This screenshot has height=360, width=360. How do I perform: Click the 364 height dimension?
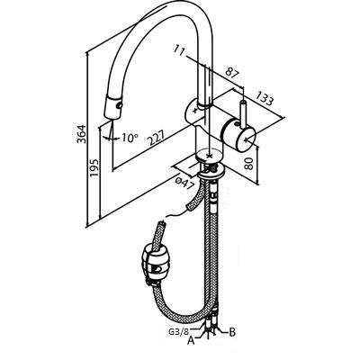(81, 133)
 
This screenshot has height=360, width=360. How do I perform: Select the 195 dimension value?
(94, 168)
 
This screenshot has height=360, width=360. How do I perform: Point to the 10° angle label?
(130, 138)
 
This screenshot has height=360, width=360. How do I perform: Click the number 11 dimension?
(180, 50)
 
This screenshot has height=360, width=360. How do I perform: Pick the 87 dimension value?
(232, 74)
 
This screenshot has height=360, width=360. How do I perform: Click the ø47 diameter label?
(184, 184)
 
